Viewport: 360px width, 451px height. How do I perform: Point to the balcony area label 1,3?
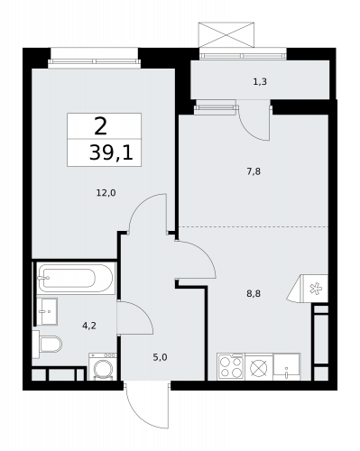(260, 82)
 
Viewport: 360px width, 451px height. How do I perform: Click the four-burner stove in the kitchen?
(229, 368)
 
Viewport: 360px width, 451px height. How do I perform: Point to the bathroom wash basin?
(47, 311)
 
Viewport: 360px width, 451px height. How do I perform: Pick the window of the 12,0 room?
(94, 55)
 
